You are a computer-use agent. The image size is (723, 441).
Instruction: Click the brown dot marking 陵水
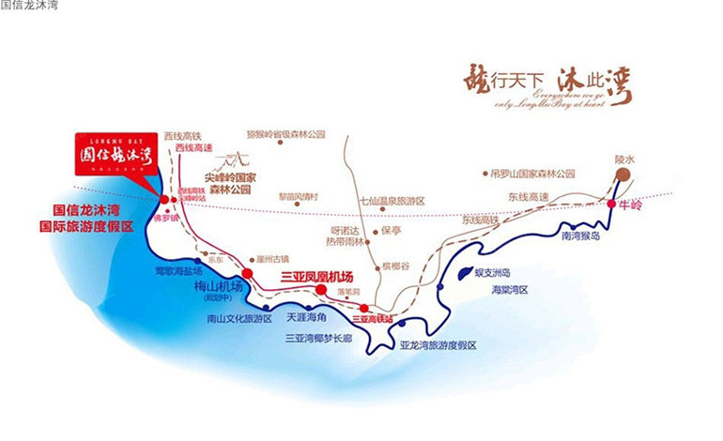[x=623, y=175]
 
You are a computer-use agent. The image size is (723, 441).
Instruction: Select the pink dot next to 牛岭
[x=612, y=204]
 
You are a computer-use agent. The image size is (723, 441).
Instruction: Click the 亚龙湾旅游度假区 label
[x=438, y=345]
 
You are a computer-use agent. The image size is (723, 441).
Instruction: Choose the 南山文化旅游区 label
[x=238, y=318]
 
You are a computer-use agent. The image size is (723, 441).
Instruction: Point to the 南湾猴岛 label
[x=586, y=237]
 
